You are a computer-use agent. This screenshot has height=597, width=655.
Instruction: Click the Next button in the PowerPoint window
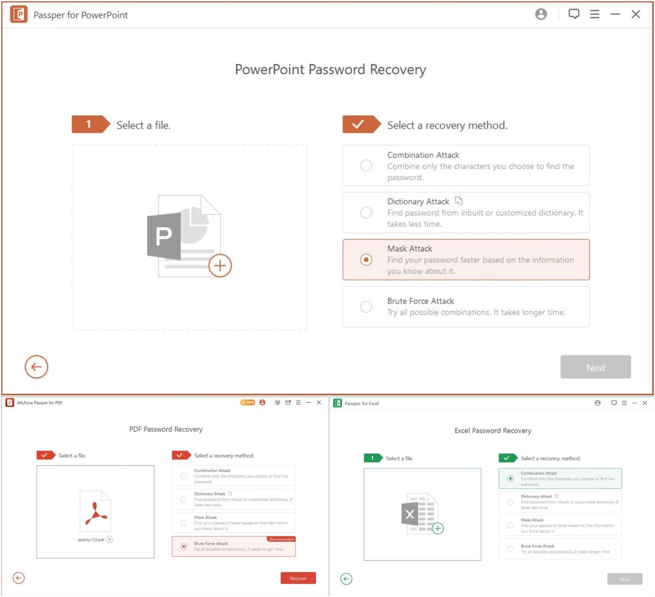tap(595, 367)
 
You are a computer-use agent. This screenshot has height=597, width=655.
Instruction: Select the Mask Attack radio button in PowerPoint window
tap(366, 260)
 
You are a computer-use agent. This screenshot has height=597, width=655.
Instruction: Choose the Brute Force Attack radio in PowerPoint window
tap(366, 307)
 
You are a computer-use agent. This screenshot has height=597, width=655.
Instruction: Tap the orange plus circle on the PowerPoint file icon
tap(220, 266)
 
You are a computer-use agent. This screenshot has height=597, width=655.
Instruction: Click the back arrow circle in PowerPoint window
tap(36, 367)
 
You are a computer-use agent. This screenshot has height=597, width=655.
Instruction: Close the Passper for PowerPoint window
tap(635, 14)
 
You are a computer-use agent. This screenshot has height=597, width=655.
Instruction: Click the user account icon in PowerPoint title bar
tap(541, 14)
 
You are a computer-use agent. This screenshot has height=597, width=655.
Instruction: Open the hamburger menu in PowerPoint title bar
tap(594, 14)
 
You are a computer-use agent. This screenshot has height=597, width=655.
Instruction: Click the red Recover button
tap(298, 578)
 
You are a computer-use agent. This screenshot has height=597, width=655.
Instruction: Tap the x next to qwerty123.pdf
tap(110, 539)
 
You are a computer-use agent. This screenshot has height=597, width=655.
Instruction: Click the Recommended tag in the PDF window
tap(281, 539)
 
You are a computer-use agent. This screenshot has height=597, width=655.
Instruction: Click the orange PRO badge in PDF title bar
tap(247, 403)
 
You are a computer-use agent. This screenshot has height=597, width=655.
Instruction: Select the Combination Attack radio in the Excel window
tap(510, 478)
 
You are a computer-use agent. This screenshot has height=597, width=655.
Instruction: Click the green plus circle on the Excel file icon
tap(438, 529)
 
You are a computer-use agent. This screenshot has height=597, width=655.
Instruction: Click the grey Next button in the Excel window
tap(624, 579)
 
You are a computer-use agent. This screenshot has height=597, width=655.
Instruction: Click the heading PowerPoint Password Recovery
tap(330, 70)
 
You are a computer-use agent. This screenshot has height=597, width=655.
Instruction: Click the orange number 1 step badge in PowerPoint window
tap(89, 124)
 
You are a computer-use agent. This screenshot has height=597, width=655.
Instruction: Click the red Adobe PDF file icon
tap(96, 511)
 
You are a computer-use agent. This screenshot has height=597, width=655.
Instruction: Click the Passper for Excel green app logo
tap(337, 403)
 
